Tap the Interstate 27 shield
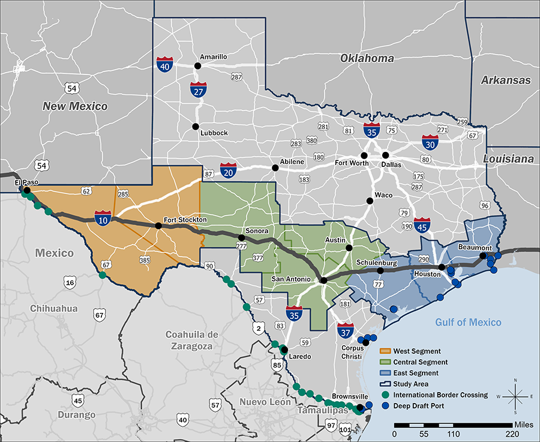click(x=199, y=89)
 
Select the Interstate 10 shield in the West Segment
click(x=103, y=217)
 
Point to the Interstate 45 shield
click(x=422, y=225)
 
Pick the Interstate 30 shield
click(x=430, y=142)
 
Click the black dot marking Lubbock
click(x=195, y=127)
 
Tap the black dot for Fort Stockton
click(x=158, y=226)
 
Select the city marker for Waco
click(x=370, y=201)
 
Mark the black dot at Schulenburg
click(x=380, y=271)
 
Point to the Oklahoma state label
click(x=367, y=58)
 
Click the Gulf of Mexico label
click(x=468, y=322)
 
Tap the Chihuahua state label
click(x=55, y=308)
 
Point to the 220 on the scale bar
click(x=512, y=433)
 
